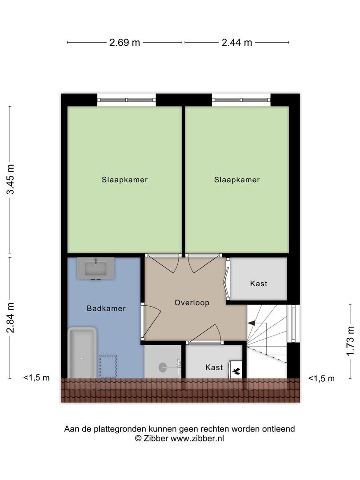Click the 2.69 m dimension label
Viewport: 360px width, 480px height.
pos(124,42)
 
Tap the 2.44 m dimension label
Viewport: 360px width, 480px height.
pos(236,42)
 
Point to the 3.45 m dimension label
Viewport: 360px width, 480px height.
pos(11,180)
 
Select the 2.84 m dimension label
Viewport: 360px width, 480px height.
pos(11,317)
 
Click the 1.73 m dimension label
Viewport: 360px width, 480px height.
pos(351,341)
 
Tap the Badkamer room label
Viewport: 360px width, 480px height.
pos(106,308)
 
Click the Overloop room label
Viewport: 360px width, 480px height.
pos(192,303)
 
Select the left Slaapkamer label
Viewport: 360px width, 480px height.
pos(124,180)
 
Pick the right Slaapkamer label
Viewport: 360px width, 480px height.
pos(237,180)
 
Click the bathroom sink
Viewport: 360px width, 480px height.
pos(96,268)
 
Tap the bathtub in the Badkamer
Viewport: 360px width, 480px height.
pos(82,353)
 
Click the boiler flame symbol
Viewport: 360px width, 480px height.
pos(236,371)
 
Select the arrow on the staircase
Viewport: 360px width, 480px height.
pos(251,323)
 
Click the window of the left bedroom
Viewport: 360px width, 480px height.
pos(126,100)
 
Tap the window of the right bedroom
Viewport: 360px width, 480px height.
pos(241,100)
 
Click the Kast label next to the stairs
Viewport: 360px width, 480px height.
pos(259,284)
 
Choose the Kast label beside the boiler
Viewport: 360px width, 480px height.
pos(214,367)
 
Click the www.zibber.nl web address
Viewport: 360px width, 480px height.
pos(197,438)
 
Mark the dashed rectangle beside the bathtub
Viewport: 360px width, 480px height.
pos(108,366)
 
